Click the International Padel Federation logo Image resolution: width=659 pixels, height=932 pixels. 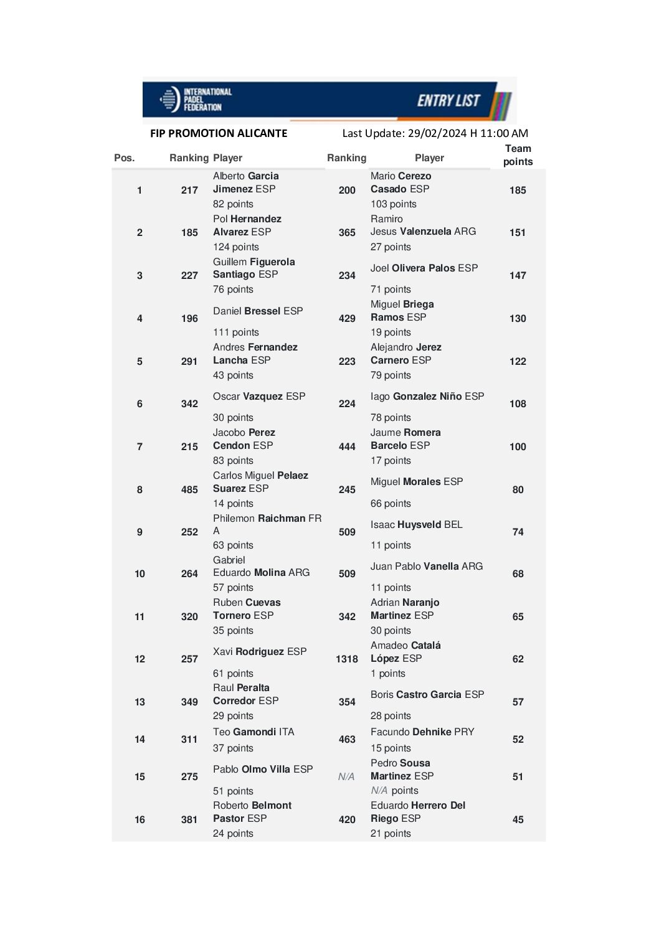click(195, 100)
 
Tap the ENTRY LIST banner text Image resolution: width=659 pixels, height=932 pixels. click(448, 101)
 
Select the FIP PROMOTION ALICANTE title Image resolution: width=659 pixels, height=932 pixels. click(219, 133)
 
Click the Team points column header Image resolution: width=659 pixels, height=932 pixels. click(518, 155)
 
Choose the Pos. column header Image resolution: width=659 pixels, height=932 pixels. click(124, 158)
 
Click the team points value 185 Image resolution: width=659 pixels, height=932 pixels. click(518, 191)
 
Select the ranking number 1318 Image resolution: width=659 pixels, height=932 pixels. click(347, 659)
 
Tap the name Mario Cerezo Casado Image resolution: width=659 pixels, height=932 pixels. click(401, 182)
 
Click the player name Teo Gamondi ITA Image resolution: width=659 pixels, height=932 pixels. click(254, 732)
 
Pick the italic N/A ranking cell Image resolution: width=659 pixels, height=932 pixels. click(346, 777)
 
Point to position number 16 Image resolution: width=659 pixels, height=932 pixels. click(140, 820)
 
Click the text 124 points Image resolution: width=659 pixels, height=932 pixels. click(235, 247)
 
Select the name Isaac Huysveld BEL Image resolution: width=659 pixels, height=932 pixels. click(416, 525)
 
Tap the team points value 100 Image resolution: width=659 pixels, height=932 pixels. click(518, 447)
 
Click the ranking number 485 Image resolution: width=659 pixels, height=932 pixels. click(189, 490)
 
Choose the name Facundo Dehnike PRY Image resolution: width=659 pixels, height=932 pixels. click(422, 732)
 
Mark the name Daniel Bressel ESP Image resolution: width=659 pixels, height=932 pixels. click(258, 311)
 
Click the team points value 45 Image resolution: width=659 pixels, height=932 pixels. click(518, 820)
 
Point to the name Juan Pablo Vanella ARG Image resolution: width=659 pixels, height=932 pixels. click(427, 567)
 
